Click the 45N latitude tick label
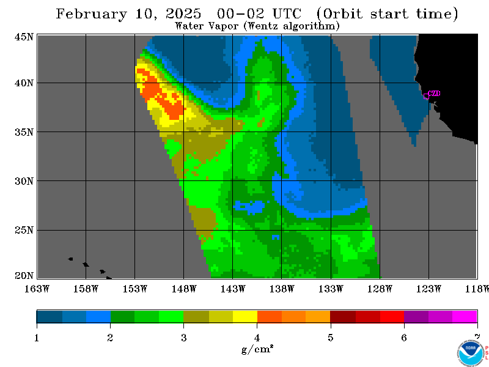[24, 37]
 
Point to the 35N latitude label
[24, 132]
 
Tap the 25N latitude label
[24, 230]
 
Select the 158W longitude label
[86, 289]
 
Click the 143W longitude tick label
[233, 289]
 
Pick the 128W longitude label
[380, 289]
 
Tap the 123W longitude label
[428, 289]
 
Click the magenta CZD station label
[434, 94]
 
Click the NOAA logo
[471, 352]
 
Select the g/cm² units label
[257, 349]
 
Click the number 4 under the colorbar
[257, 338]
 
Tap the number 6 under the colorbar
[404, 338]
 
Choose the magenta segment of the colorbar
[465, 316]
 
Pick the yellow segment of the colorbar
[245, 316]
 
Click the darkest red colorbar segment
[343, 316]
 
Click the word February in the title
[92, 14]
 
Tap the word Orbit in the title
[340, 14]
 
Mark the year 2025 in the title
[183, 13]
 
